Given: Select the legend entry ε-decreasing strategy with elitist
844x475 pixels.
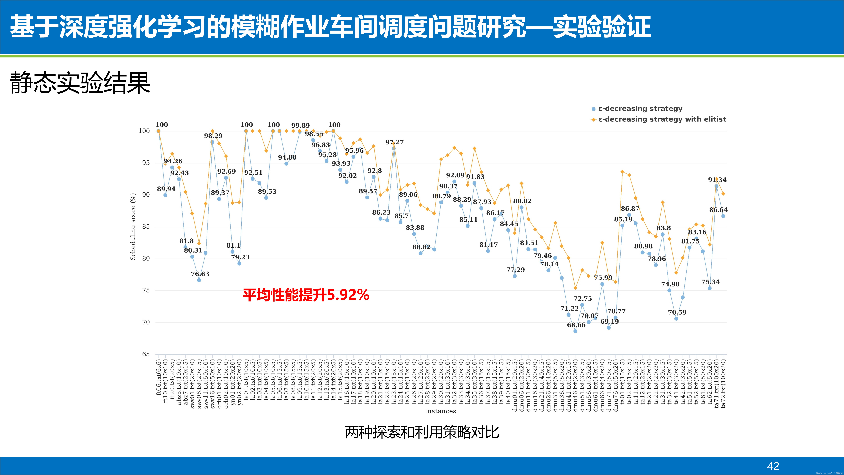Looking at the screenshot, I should (662, 119).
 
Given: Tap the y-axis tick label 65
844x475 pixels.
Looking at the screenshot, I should (146, 354).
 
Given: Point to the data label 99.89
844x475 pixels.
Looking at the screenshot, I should (300, 126).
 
